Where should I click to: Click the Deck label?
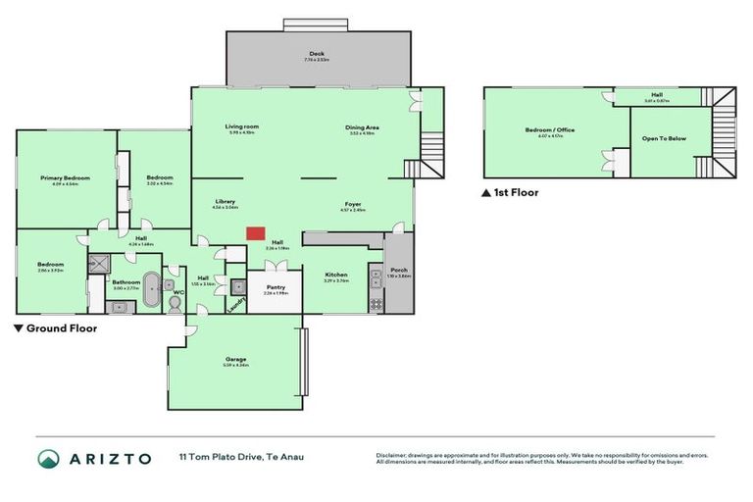point(316,53)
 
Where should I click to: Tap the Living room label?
point(241,126)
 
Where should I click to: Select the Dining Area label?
point(362,127)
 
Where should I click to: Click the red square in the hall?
point(255,233)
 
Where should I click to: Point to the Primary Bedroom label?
point(65,177)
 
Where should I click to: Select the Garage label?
point(235,359)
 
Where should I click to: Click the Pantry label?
point(275,287)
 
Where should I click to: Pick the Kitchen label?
point(335,275)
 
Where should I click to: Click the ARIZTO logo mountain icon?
point(49,459)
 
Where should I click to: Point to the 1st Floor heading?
point(515,193)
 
